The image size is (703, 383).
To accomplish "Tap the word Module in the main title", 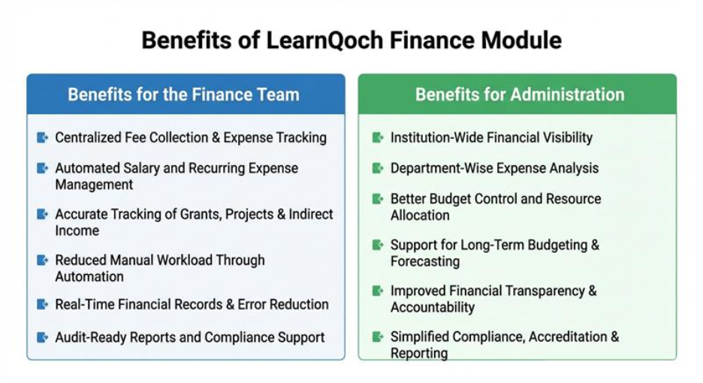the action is point(521,41).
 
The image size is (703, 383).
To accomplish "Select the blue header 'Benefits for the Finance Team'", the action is point(183,95).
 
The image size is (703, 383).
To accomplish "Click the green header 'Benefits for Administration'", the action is point(520,95).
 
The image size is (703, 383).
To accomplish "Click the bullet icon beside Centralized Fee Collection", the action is point(42,137).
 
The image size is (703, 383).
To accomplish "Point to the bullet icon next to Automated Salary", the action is point(42,168).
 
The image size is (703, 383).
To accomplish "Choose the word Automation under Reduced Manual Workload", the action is point(89,276).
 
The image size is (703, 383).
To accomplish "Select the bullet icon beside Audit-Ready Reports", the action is point(42,337).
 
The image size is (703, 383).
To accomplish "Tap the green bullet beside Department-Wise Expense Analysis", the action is point(378,168).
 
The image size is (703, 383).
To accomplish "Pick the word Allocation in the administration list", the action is point(420,216).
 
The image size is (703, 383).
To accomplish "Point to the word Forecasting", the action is point(425,261).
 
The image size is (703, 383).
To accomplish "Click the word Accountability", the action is point(432,308).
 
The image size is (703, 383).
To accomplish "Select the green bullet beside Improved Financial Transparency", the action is point(378,291).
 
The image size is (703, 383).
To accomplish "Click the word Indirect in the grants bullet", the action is point(311,214).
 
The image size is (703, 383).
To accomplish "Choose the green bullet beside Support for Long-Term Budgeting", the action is point(378,245).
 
